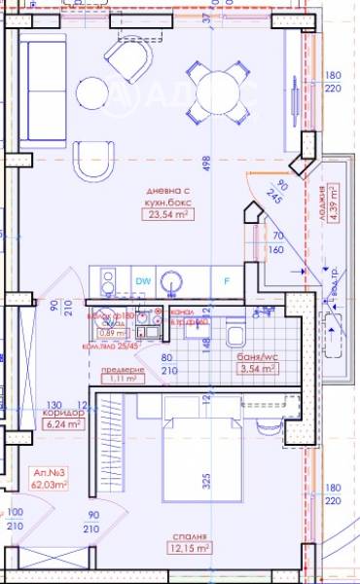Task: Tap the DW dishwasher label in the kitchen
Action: (x=142, y=280)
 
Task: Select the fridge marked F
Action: (x=226, y=281)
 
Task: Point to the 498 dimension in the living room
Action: (x=207, y=162)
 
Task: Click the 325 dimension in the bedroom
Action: (x=206, y=481)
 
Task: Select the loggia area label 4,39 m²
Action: (x=333, y=204)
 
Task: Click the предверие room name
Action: (x=123, y=369)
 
